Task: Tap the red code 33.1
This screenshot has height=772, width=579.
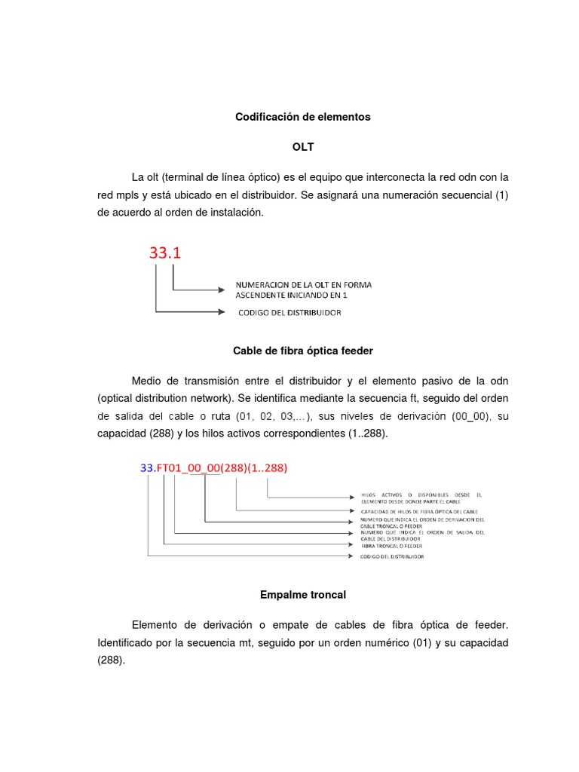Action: pyautogui.click(x=164, y=253)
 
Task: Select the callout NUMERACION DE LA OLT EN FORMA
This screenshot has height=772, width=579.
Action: pyautogui.click(x=303, y=285)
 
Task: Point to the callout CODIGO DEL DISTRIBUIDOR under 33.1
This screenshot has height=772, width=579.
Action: pyautogui.click(x=289, y=312)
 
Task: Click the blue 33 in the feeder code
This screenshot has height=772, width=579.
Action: pyautogui.click(x=147, y=467)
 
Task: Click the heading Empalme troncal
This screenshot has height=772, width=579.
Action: pyautogui.click(x=302, y=595)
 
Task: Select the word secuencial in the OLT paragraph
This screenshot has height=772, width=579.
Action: pyautogui.click(x=467, y=195)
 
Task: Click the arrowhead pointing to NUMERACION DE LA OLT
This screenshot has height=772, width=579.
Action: pyautogui.click(x=221, y=289)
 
